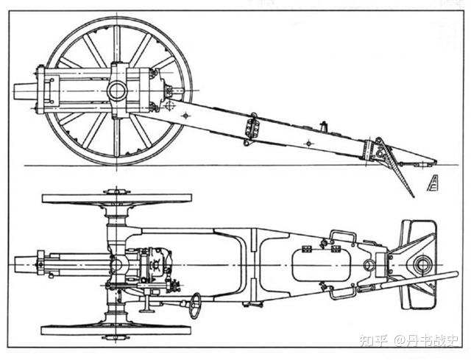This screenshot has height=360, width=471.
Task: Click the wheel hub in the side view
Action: [x=117, y=91]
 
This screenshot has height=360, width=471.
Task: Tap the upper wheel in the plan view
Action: [x=116, y=199]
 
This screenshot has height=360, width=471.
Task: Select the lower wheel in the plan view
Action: [x=116, y=329]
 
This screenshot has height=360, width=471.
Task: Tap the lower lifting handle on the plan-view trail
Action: [x=342, y=293]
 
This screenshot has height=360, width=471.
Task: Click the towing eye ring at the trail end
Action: [x=422, y=264]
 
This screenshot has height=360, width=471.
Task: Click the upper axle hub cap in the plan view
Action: [x=116, y=191]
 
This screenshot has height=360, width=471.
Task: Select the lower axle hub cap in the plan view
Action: [x=116, y=337]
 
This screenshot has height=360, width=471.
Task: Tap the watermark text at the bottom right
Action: [x=408, y=340]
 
